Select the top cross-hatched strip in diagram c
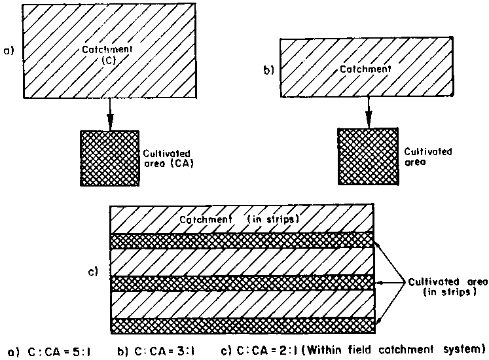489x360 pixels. tap(242, 240)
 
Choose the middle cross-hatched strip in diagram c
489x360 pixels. tap(242, 283)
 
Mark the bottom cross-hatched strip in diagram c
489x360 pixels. tap(242, 325)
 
